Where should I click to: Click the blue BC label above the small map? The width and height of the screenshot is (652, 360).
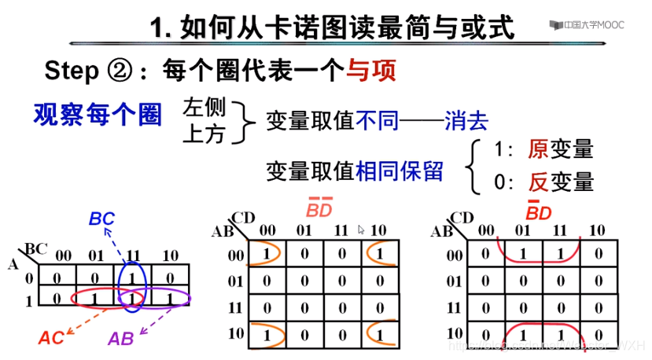(102, 219)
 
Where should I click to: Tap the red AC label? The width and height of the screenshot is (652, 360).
(52, 337)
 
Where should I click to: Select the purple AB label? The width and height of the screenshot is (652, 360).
(120, 339)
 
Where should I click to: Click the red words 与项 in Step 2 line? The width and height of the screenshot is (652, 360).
(370, 70)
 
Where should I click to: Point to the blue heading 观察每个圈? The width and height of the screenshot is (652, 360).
(98, 116)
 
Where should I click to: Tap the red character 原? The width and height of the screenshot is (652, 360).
(540, 149)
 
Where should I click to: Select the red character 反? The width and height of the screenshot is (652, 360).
(540, 182)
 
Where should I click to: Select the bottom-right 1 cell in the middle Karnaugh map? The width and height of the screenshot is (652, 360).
(381, 333)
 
